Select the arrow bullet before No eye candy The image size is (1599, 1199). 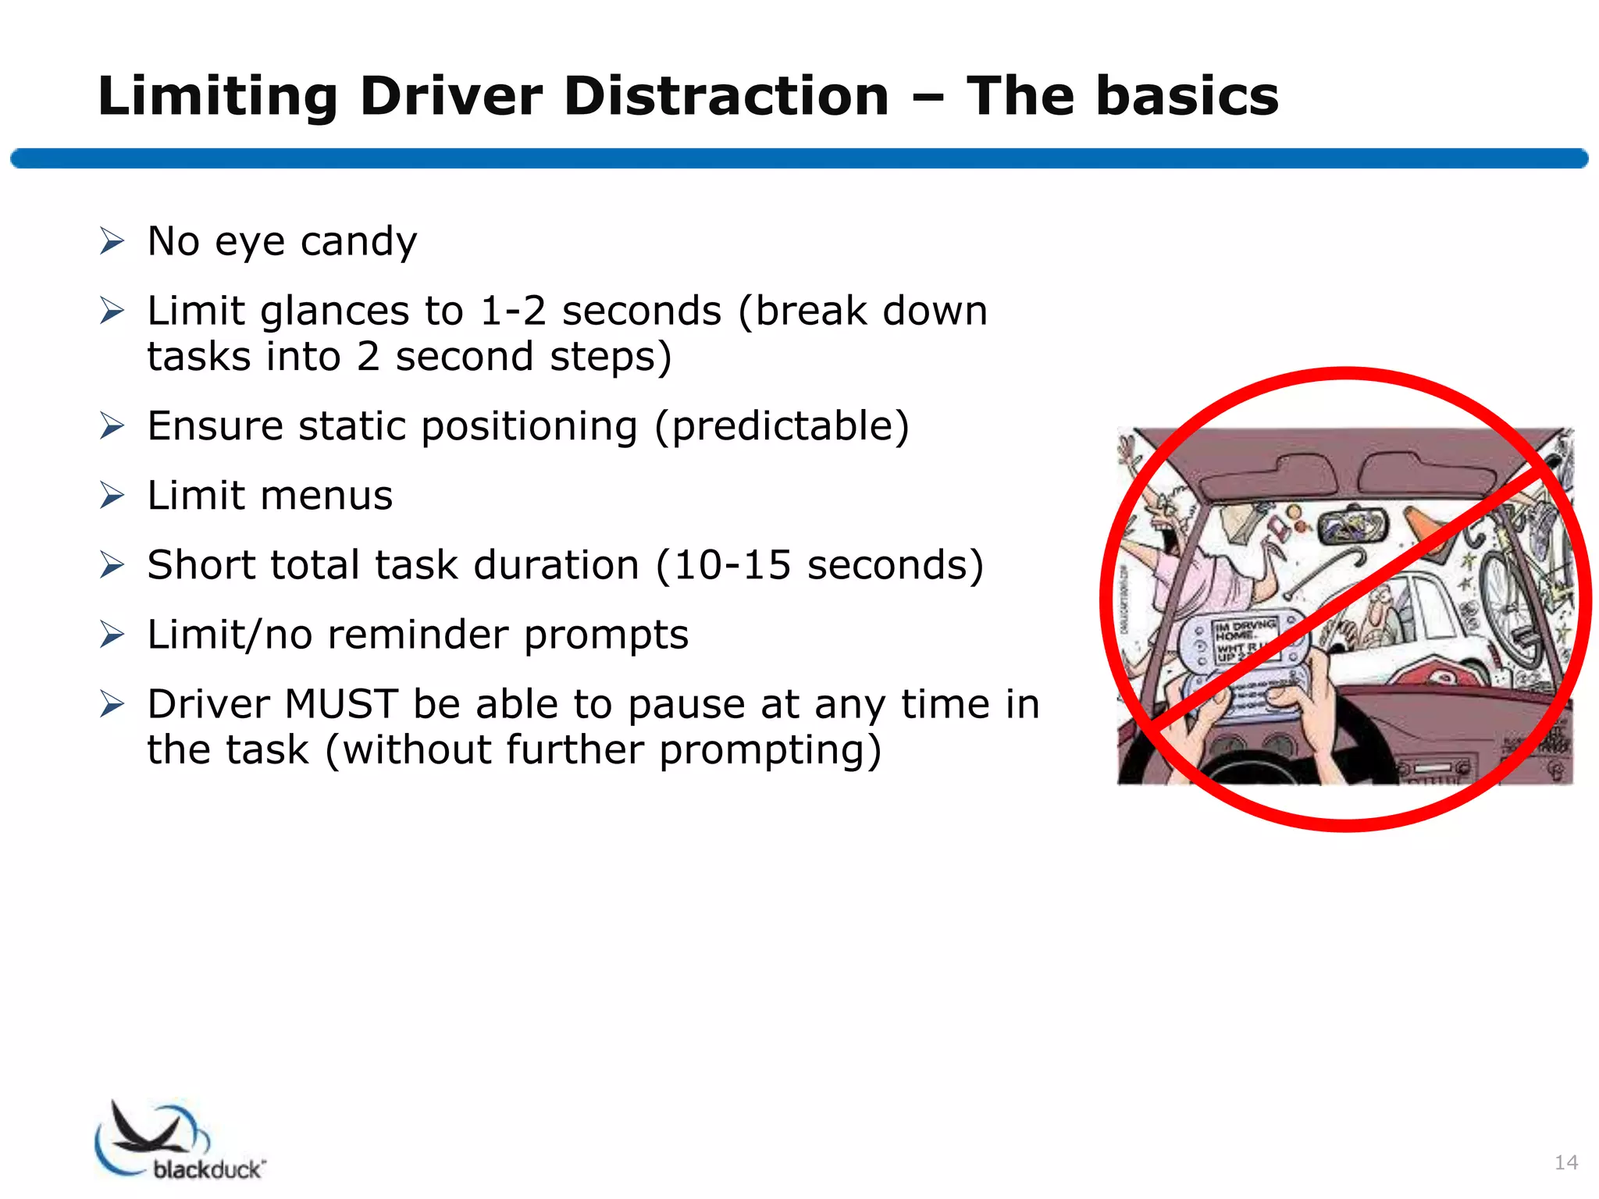point(112,241)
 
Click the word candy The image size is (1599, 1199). point(358,242)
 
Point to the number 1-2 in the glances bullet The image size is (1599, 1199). point(512,311)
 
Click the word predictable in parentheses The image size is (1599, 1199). point(782,426)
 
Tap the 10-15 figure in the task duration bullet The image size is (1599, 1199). point(731,565)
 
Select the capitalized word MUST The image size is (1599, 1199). point(341,704)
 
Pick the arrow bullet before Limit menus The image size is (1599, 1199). point(112,496)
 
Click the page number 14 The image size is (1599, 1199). point(1565,1162)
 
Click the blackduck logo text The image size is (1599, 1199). point(208,1169)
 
